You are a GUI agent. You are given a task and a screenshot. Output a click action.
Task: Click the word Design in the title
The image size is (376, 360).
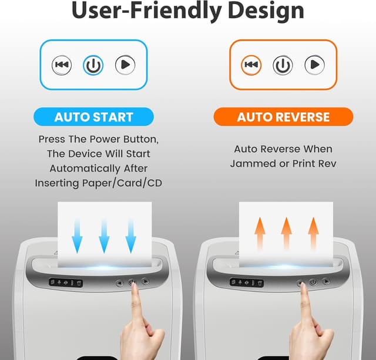(x=266, y=11)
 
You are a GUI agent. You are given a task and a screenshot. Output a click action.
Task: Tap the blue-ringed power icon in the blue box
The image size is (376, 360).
(x=93, y=65)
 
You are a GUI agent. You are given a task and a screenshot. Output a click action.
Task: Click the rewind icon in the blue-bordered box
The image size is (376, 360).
(x=62, y=65)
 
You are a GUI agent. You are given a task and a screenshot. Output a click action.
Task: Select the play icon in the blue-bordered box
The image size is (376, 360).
(x=125, y=65)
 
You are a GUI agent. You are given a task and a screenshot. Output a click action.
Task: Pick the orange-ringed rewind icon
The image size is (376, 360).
(x=251, y=65)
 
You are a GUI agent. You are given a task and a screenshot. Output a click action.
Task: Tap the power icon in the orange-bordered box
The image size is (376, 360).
(x=283, y=65)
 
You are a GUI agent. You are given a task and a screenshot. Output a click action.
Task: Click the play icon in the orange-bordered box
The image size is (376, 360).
(x=315, y=65)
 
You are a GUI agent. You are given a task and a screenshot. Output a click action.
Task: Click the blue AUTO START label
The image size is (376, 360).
(x=93, y=117)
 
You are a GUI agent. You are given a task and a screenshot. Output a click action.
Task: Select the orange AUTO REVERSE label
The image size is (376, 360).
(x=283, y=117)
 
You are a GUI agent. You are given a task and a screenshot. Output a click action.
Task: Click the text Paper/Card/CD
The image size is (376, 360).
(x=122, y=183)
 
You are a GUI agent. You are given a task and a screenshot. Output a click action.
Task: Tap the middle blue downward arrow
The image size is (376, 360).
(x=104, y=236)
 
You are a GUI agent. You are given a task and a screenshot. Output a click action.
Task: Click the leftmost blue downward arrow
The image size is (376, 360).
(x=77, y=236)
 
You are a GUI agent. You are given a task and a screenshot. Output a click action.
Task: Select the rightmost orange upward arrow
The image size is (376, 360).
(x=313, y=234)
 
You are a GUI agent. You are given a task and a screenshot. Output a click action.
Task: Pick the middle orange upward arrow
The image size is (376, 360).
(x=287, y=234)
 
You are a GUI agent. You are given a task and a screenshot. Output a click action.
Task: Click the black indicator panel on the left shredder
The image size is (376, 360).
(x=66, y=283)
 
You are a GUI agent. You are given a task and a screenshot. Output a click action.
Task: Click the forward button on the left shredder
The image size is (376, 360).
(x=145, y=281)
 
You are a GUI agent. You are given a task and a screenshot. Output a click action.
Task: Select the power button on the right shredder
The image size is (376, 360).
(x=313, y=282)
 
